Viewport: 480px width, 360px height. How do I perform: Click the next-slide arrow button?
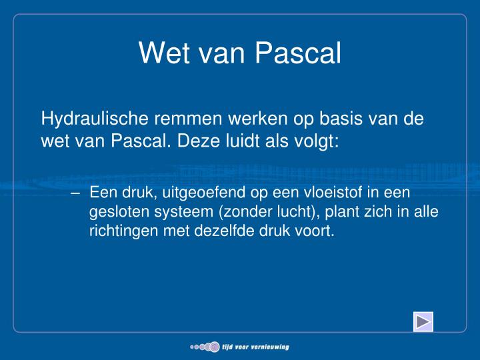point(423,322)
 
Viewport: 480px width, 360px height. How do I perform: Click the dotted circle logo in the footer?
point(205,347)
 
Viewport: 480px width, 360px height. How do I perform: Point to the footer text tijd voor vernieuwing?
point(255,347)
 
